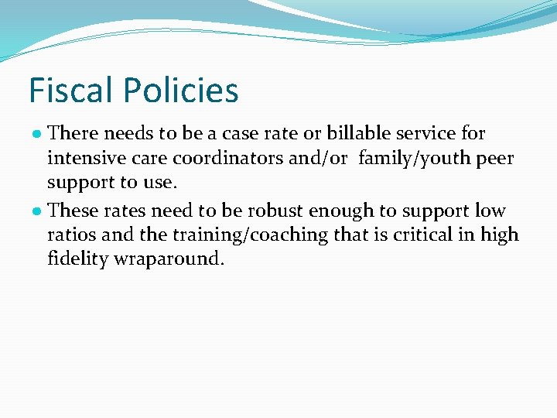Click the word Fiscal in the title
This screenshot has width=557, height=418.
coord(70,91)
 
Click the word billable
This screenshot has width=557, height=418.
coord(361,133)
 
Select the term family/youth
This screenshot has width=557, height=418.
coord(407,159)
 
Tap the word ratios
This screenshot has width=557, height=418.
coord(70,235)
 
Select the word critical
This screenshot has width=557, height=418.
coord(420,235)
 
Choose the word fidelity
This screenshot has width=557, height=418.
coord(77,259)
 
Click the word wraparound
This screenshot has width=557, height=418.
coord(169,259)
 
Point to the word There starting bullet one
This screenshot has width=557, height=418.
coord(73,133)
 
